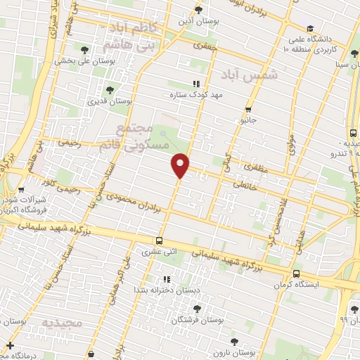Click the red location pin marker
181,165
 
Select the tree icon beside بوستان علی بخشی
86,49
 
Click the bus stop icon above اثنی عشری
160,239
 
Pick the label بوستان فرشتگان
220,319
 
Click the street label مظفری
251,169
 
